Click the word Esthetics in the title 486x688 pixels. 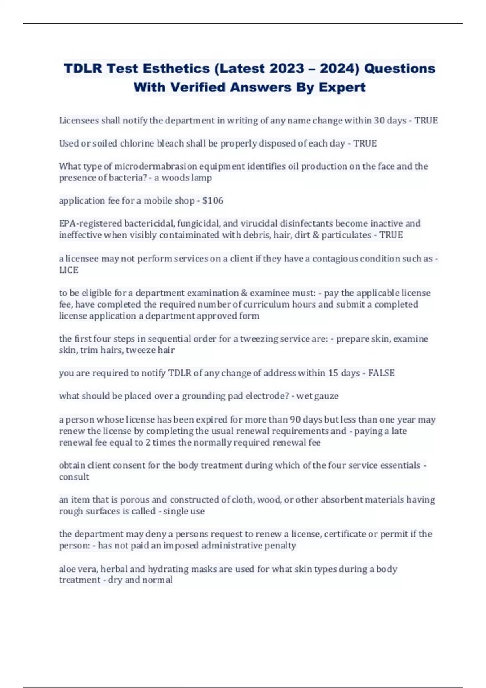(x=176, y=68)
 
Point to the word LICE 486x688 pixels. (x=68, y=270)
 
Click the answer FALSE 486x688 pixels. (x=381, y=373)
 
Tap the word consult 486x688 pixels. (x=74, y=477)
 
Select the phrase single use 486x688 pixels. (x=184, y=511)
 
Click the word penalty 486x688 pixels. (x=280, y=546)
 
